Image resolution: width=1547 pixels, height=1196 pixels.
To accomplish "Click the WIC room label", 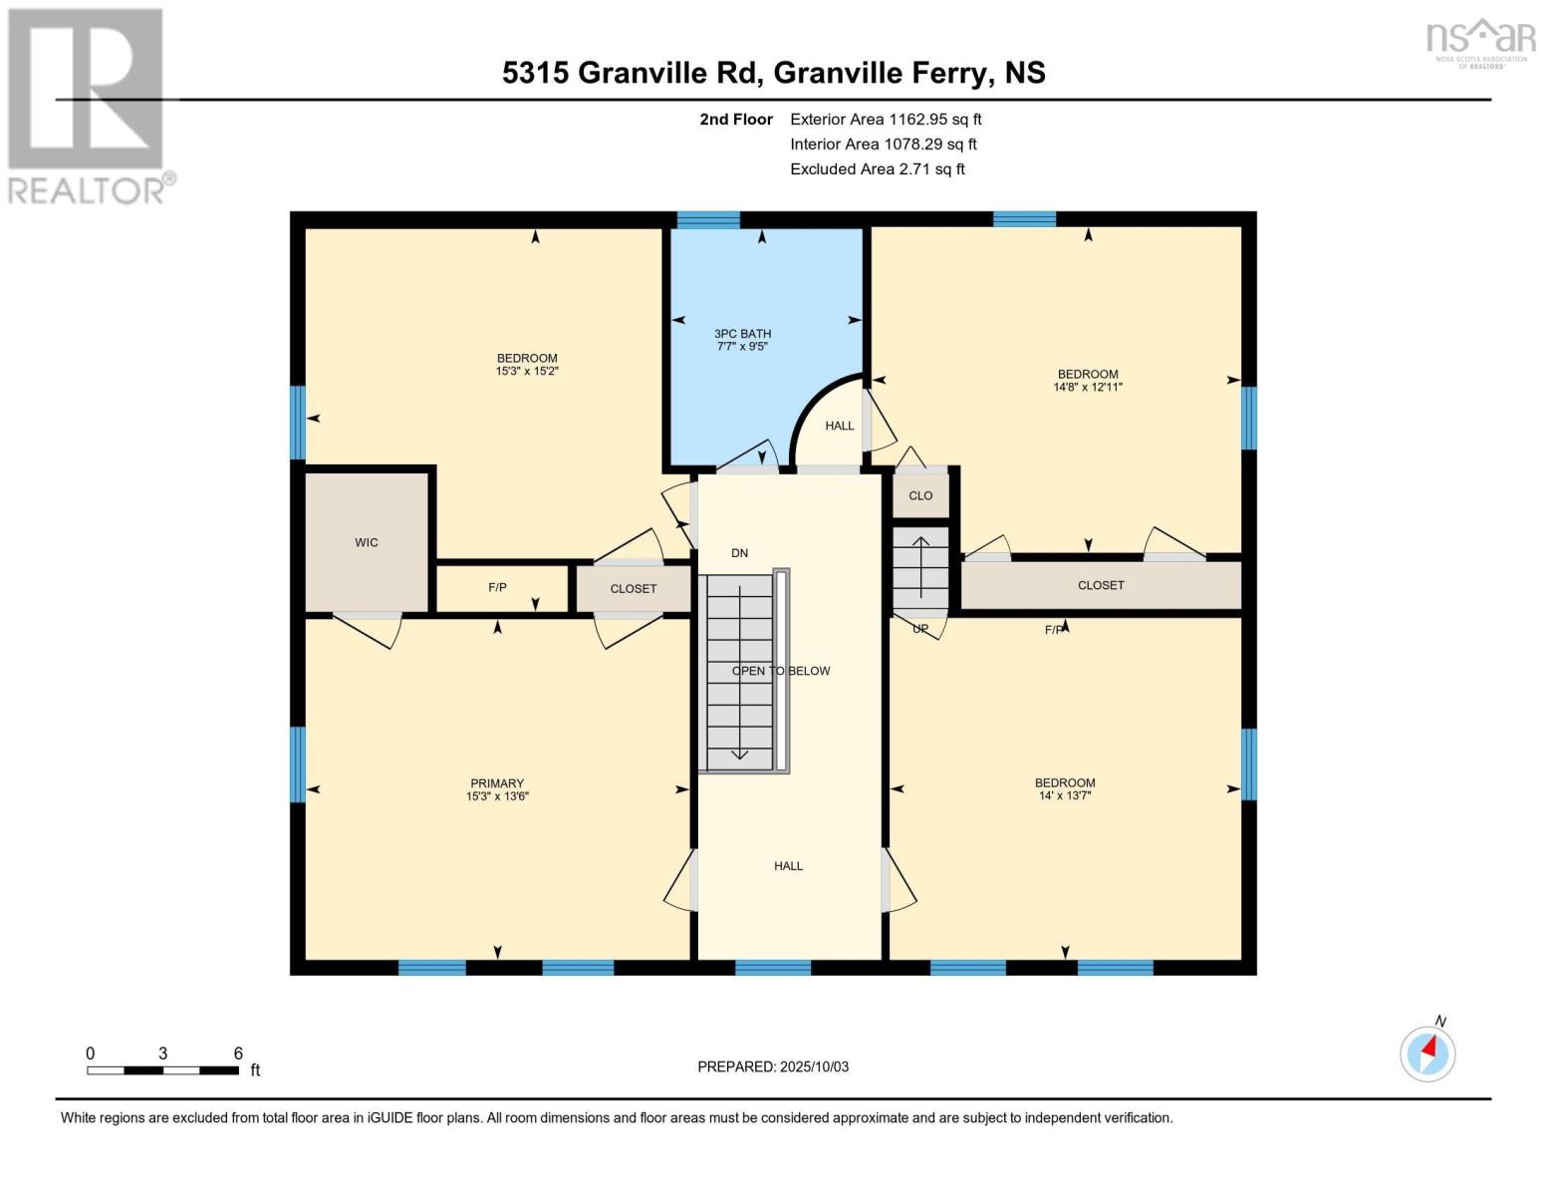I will (x=367, y=542).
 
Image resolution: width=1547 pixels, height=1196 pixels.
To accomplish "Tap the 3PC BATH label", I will (x=742, y=334).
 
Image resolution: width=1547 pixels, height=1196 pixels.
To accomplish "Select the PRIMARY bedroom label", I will (x=497, y=783).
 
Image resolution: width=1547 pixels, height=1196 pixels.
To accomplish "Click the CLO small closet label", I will (x=920, y=495).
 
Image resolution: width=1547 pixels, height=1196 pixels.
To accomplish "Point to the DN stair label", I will (x=739, y=553).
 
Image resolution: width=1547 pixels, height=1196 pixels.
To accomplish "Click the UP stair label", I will (x=920, y=629).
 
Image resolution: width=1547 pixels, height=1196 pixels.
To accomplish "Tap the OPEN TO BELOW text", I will (x=781, y=671).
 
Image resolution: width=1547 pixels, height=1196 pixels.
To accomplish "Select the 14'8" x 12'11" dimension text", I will (x=1088, y=387).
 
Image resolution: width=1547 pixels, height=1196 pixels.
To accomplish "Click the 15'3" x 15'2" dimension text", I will (x=527, y=371).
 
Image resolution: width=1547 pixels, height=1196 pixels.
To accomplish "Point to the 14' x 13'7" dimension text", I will (x=1065, y=795).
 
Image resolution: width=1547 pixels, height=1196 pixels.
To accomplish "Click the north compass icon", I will (x=1427, y=1052).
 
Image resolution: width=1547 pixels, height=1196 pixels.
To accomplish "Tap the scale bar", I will (x=162, y=1070).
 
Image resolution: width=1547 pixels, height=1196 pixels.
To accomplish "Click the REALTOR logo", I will (x=88, y=105).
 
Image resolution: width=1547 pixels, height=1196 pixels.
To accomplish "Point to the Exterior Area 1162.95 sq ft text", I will (x=886, y=119).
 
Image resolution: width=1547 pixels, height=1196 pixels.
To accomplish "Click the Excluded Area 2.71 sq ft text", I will (x=877, y=168).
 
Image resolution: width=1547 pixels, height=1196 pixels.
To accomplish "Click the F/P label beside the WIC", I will (x=497, y=587).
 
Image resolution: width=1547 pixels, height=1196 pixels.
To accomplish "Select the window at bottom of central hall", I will (x=773, y=967).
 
